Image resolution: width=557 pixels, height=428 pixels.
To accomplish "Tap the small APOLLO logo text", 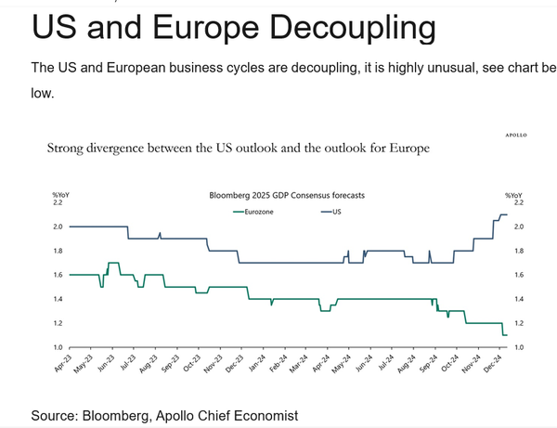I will [516, 135].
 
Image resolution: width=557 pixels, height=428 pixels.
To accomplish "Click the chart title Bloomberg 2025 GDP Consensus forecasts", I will [286, 196].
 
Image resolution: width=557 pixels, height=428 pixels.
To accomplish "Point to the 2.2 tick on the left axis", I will [57, 202].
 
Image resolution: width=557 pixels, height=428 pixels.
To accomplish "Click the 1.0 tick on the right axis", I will [517, 347].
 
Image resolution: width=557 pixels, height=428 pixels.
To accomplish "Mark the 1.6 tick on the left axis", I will [57, 275].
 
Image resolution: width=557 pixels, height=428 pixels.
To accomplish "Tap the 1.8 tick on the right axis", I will [517, 251].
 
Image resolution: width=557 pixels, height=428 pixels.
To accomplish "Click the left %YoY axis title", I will [61, 193].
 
